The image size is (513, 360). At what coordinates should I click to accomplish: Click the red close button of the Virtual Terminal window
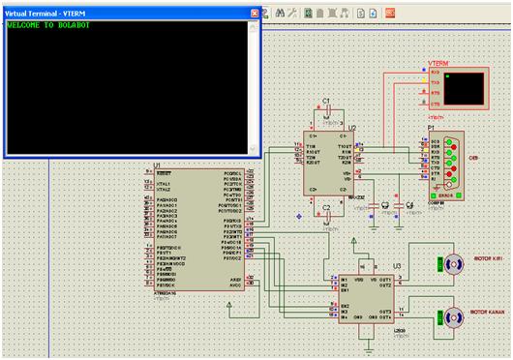(x=256, y=14)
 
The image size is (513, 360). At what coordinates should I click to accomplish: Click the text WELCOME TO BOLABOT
(x=48, y=26)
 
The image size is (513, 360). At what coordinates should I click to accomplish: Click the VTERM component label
(x=438, y=62)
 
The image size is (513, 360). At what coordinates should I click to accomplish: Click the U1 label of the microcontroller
(x=157, y=165)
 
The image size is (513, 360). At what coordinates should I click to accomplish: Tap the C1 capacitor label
(x=326, y=101)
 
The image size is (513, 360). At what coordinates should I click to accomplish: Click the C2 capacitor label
(x=326, y=207)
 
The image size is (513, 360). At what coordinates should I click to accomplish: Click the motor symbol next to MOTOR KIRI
(x=450, y=262)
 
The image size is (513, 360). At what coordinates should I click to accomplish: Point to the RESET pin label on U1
(x=164, y=172)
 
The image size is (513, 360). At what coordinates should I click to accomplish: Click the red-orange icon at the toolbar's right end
(x=390, y=14)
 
